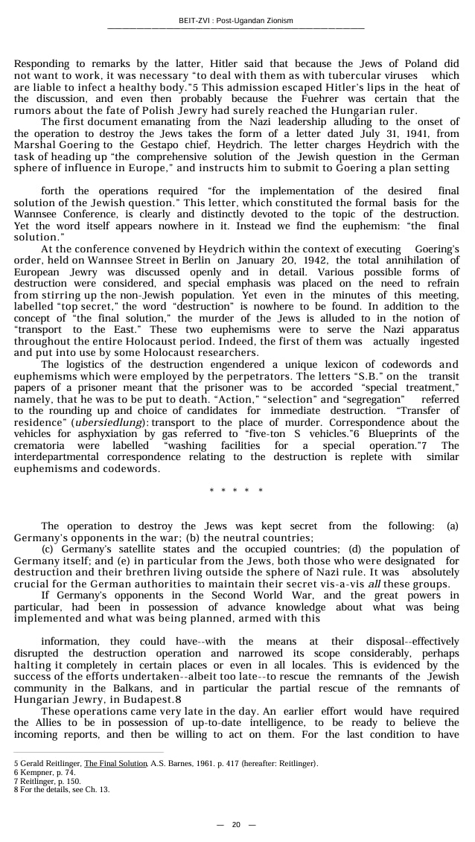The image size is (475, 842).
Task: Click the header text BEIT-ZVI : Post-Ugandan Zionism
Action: coord(236,20)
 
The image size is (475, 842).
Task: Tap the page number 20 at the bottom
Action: coord(236,824)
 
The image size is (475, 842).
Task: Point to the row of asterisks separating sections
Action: coord(236,491)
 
